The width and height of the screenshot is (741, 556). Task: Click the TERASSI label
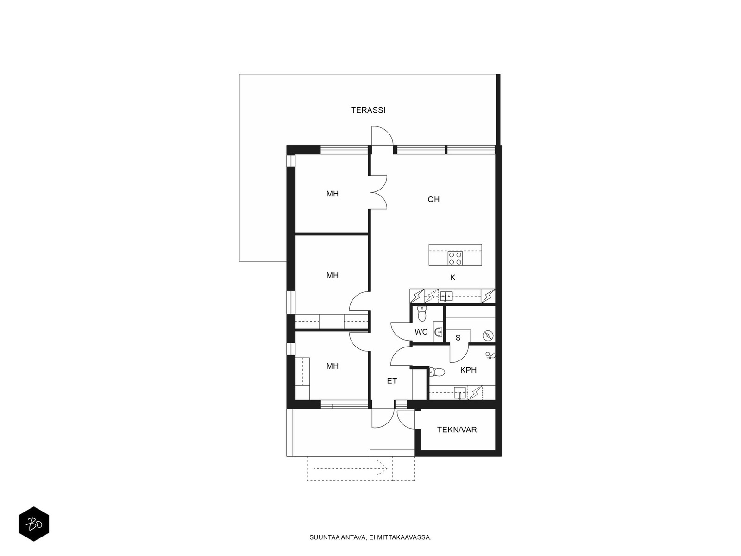pyautogui.click(x=368, y=110)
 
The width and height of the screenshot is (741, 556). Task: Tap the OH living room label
pyautogui.click(x=433, y=199)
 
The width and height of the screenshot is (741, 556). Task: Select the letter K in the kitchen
pyautogui.click(x=452, y=278)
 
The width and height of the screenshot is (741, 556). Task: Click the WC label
pyautogui.click(x=421, y=332)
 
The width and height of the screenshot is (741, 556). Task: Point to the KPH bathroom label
pyautogui.click(x=468, y=370)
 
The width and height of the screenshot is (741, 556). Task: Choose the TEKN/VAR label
pyautogui.click(x=457, y=430)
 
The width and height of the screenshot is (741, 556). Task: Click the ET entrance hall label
pyautogui.click(x=392, y=381)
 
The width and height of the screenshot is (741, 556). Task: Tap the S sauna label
pyautogui.click(x=458, y=338)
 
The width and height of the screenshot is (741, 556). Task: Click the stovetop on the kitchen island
pyautogui.click(x=455, y=258)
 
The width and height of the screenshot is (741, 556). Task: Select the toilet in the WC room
pyautogui.click(x=421, y=314)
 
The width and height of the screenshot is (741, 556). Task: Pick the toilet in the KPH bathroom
pyautogui.click(x=437, y=372)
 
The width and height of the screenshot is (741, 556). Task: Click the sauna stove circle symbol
pyautogui.click(x=488, y=335)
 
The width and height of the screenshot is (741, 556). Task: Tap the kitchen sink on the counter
pyautogui.click(x=446, y=297)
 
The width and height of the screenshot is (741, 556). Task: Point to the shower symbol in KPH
pyautogui.click(x=490, y=355)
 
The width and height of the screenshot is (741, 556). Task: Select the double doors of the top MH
pyautogui.click(x=379, y=193)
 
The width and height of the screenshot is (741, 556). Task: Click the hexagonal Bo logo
pyautogui.click(x=34, y=524)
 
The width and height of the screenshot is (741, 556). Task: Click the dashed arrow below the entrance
pyautogui.click(x=350, y=469)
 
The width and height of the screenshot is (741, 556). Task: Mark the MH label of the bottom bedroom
pyautogui.click(x=332, y=366)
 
